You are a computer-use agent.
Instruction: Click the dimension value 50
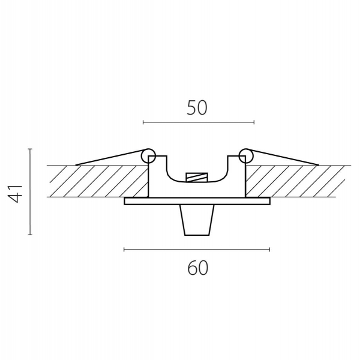[197, 107]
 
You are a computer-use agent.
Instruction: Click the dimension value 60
[197, 268]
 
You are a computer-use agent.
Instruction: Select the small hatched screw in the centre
[197, 178]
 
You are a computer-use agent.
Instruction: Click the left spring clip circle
[148, 155]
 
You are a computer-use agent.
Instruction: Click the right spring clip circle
[246, 155]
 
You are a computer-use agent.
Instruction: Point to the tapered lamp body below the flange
[197, 220]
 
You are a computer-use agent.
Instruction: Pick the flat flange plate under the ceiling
[197, 201]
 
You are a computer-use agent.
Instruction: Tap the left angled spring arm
[110, 158]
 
